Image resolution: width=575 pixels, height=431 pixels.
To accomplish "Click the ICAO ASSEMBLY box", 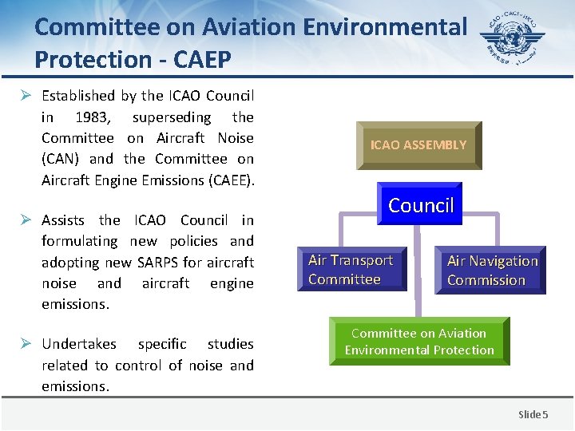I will click(x=418, y=145).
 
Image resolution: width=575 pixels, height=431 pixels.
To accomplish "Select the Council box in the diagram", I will click(x=420, y=206).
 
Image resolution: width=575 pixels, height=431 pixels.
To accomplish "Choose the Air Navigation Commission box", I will click(x=491, y=271).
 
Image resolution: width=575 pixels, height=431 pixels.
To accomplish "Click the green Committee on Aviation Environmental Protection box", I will click(x=419, y=342).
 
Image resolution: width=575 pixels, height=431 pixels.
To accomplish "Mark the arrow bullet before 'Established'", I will click(x=26, y=96).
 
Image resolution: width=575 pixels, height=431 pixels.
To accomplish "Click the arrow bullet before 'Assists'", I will click(x=26, y=220).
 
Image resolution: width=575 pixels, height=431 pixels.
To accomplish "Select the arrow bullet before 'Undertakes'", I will click(x=26, y=344).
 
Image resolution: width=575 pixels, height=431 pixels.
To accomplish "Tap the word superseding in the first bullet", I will click(x=172, y=117).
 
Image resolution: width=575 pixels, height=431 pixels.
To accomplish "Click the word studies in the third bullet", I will click(x=230, y=344).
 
